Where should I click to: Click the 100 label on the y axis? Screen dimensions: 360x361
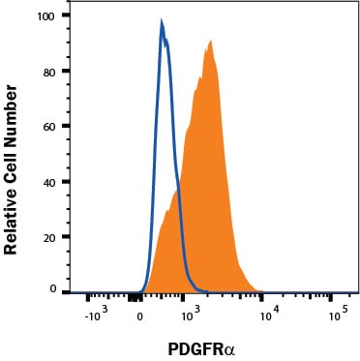click(x=45, y=15)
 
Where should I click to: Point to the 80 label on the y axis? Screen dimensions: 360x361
click(x=49, y=72)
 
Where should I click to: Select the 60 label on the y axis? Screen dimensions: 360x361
click(x=49, y=126)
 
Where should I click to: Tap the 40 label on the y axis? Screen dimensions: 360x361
click(x=49, y=182)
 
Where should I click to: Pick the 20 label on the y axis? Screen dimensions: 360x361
click(x=49, y=237)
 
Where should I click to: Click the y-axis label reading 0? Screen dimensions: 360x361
click(x=53, y=289)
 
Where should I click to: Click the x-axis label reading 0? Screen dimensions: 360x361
click(x=140, y=316)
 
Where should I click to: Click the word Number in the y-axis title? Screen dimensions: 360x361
click(x=11, y=112)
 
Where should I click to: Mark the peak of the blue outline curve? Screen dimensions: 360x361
click(x=162, y=20)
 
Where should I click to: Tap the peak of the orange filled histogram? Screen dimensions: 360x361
click(x=210, y=41)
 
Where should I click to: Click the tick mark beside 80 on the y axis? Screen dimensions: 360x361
click(x=66, y=72)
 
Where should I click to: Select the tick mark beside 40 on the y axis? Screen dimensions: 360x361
click(x=66, y=182)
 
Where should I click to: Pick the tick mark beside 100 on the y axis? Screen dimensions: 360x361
click(x=66, y=15)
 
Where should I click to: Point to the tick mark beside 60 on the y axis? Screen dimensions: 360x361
click(x=66, y=126)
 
